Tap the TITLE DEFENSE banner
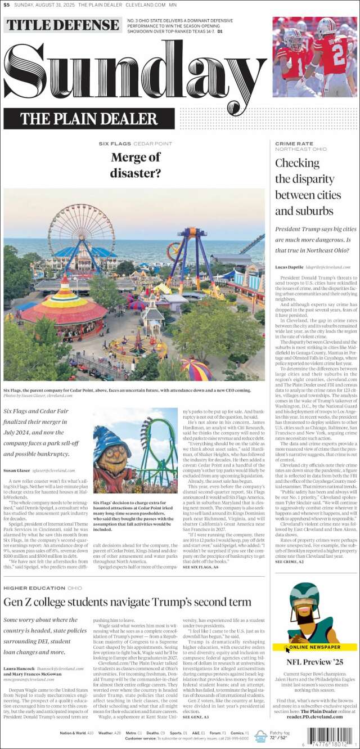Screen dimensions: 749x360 (x=62, y=25)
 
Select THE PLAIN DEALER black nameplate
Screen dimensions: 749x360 (x=89, y=119)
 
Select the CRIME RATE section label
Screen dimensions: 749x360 (x=294, y=143)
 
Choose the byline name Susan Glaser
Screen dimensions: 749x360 (x=17, y=470)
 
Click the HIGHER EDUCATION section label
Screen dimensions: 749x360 (x=34, y=587)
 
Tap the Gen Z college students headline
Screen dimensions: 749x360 (x=127, y=602)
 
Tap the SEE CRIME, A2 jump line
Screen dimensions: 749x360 (x=290, y=562)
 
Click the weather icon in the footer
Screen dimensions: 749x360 (x=260, y=735)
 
